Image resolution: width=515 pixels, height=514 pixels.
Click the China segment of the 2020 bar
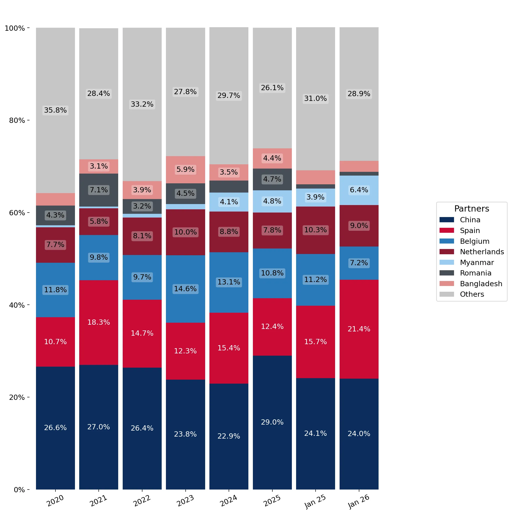tap(55, 428)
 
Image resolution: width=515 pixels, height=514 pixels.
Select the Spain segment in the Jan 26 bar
tap(359, 329)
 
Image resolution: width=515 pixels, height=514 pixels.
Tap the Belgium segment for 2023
tap(185, 289)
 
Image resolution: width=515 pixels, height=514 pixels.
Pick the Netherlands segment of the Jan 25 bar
tap(315, 230)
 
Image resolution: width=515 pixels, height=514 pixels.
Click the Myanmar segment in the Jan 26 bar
tap(359, 190)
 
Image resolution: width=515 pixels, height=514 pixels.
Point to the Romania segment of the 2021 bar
tap(99, 190)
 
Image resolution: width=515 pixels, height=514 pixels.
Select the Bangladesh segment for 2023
tap(185, 170)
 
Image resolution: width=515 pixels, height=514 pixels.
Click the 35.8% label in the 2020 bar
tap(55, 110)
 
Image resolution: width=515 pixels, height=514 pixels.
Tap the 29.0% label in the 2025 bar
tap(272, 422)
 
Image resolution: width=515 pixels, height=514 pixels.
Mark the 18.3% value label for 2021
tap(99, 322)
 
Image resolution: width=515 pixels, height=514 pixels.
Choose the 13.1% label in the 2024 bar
tap(229, 282)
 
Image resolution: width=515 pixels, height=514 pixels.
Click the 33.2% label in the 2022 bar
tap(142, 104)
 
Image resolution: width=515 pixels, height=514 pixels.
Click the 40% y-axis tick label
tap(17, 305)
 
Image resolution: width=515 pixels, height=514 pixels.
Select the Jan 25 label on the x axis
tap(315, 501)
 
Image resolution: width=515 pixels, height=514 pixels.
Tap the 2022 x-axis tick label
tap(142, 501)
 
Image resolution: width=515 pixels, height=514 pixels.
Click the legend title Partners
tap(472, 209)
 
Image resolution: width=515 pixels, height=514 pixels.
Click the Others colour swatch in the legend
tap(447, 294)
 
